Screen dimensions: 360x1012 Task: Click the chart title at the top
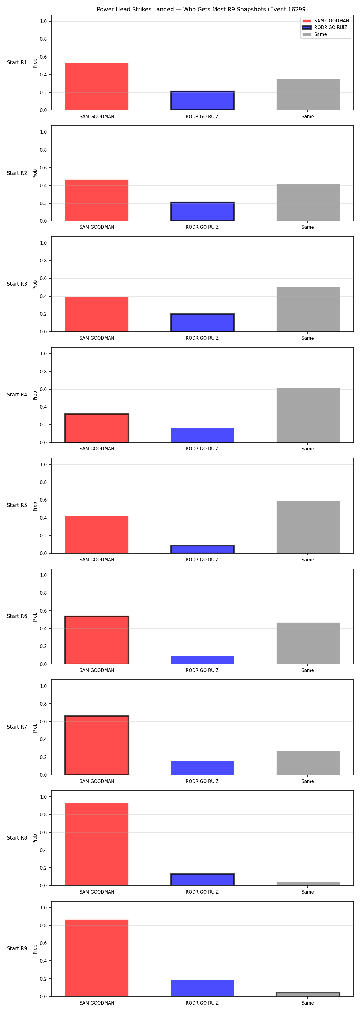[202, 9]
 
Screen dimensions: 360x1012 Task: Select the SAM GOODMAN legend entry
[326, 21]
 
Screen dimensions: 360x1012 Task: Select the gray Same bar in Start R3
[308, 309]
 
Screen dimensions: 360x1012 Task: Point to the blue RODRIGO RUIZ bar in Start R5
[202, 549]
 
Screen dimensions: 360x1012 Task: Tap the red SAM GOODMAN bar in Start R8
[97, 844]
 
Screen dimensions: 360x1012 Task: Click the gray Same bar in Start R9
[308, 994]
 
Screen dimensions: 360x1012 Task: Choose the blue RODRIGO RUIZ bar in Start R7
[202, 768]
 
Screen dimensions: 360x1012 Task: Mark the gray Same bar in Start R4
[308, 415]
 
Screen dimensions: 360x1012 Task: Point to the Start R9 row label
[17, 949]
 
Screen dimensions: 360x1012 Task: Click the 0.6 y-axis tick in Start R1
[43, 57]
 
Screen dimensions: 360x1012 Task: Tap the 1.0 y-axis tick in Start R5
[43, 464]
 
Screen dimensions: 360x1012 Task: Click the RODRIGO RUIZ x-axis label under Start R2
[202, 227]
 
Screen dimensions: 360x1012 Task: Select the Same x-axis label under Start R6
[308, 670]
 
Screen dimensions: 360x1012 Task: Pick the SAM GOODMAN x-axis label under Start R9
[97, 1003]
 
